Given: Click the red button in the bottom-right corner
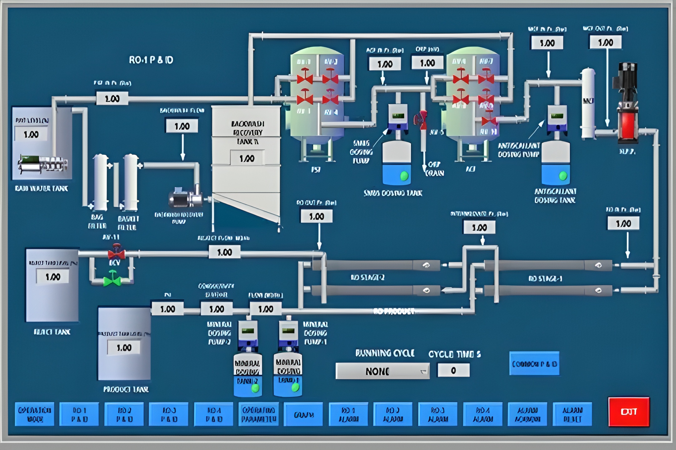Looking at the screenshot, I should pyautogui.click(x=629, y=412).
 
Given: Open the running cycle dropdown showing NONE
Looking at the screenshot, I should pyautogui.click(x=382, y=371).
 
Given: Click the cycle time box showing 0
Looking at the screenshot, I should pyautogui.click(x=453, y=370).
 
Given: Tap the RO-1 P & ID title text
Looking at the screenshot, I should pyautogui.click(x=151, y=60).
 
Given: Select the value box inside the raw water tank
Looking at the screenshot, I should pyautogui.click(x=31, y=134).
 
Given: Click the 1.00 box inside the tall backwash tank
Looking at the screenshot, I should pyautogui.click(x=247, y=158).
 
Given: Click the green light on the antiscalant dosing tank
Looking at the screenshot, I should pyautogui.click(x=563, y=176).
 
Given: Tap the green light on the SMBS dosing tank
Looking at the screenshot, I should pyautogui.click(x=404, y=176).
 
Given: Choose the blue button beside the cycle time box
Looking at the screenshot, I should pyautogui.click(x=534, y=364).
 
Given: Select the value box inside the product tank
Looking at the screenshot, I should pyautogui.click(x=124, y=347).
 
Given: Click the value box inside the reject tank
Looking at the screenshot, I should pyautogui.click(x=53, y=277).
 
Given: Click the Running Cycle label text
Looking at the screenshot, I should pyautogui.click(x=385, y=353).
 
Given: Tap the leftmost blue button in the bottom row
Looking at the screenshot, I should pyautogui.click(x=35, y=414).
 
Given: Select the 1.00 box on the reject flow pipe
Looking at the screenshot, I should pyautogui.click(x=224, y=252).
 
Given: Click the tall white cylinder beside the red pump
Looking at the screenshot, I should pyautogui.click(x=588, y=103).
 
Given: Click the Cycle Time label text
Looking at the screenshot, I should pyautogui.click(x=454, y=354).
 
